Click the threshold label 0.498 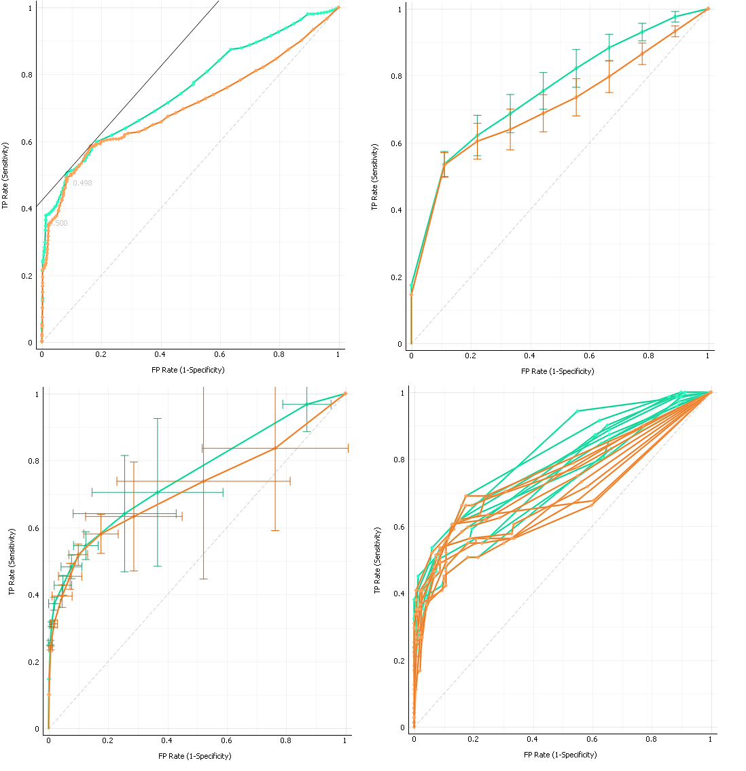(x=82, y=183)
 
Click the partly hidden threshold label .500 (x=58, y=223)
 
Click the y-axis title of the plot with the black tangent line (x=5, y=175)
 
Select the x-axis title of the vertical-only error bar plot (x=557, y=371)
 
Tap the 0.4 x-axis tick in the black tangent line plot (x=160, y=355)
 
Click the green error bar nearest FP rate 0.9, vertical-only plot (x=675, y=16)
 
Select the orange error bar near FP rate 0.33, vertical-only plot (x=510, y=129)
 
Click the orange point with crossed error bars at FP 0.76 (x=274, y=448)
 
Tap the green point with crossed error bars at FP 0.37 (x=158, y=492)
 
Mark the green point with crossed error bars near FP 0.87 (x=307, y=404)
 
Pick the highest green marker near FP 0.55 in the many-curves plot (x=578, y=411)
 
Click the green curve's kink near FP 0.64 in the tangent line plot (x=231, y=49)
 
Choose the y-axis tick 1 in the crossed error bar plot (x=39, y=394)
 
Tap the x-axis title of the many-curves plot (x=560, y=755)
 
